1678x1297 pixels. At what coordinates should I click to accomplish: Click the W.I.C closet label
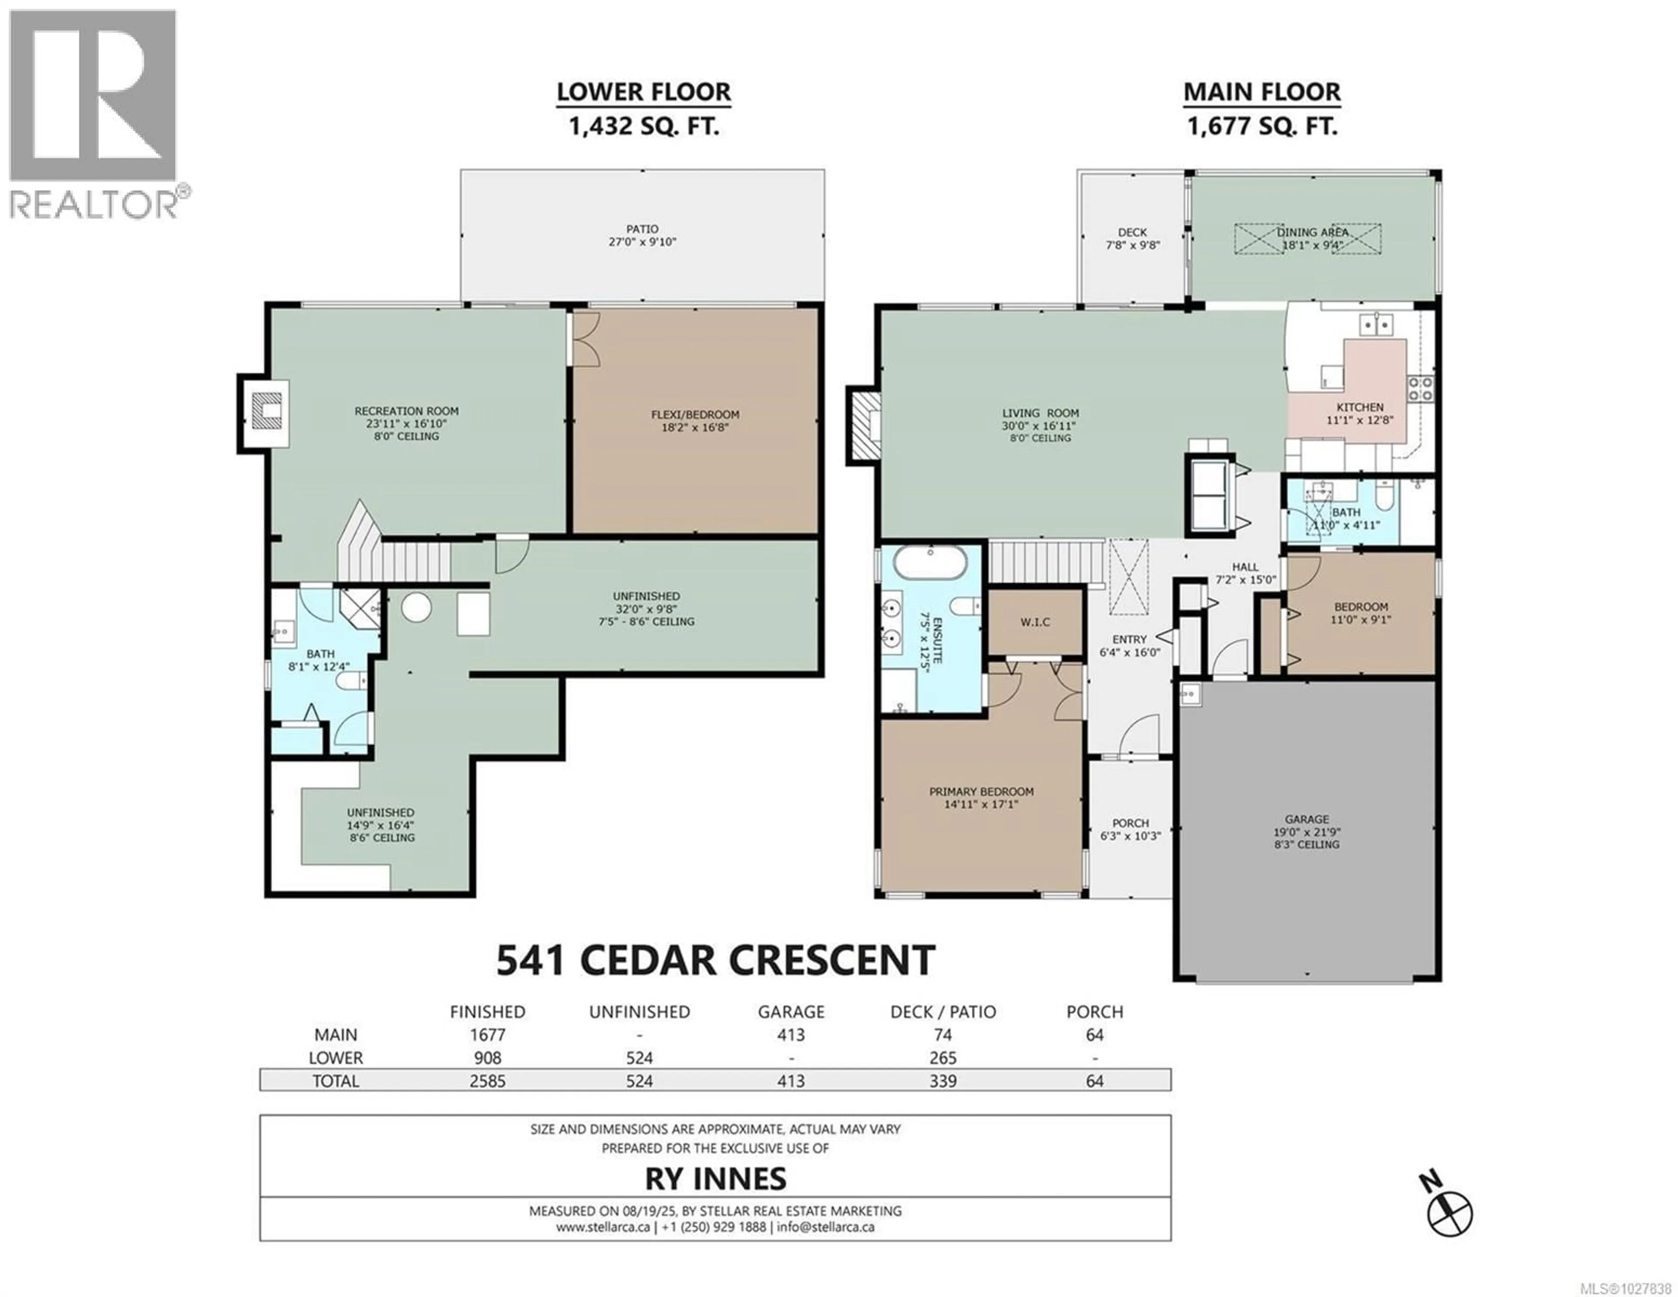[x=1035, y=622]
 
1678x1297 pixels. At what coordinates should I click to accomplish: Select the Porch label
[x=1130, y=823]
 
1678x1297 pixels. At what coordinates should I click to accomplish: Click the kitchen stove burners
[x=1420, y=388]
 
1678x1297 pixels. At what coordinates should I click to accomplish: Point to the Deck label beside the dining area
[x=1132, y=232]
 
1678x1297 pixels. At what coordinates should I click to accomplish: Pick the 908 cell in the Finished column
[x=487, y=1058]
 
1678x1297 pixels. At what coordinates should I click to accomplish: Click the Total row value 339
[x=943, y=1081]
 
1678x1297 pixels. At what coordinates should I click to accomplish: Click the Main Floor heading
[x=1262, y=92]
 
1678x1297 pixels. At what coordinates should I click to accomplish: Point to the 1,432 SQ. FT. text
[x=643, y=126]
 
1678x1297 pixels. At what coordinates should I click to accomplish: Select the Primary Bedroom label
[x=981, y=792]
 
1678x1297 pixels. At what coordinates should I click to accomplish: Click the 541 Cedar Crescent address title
[x=715, y=961]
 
